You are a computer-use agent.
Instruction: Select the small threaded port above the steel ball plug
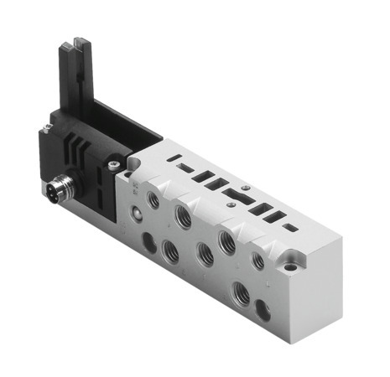151,199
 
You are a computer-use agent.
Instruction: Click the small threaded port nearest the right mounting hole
258,261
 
